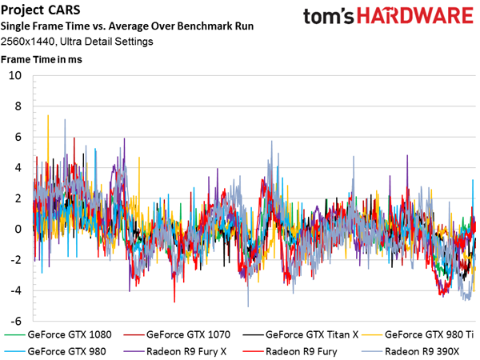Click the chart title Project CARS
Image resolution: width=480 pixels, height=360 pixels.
point(41,10)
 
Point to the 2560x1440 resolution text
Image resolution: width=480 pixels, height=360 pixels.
point(27,42)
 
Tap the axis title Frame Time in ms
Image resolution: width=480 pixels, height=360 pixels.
point(42,59)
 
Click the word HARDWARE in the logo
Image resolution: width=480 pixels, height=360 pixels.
point(415,16)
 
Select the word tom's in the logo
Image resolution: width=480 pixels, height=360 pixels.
point(328,16)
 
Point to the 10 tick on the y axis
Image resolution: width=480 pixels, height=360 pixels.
point(15,75)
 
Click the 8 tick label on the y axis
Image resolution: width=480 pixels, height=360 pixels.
point(18,106)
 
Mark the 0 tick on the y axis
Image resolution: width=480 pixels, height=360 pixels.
point(18,229)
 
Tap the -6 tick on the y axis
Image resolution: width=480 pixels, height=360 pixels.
point(16,321)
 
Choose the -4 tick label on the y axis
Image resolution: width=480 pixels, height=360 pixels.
point(16,290)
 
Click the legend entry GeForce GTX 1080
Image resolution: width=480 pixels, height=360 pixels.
point(58,334)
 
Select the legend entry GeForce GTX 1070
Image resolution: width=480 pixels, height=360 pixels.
point(177,334)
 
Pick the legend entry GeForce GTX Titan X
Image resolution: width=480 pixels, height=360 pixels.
point(300,334)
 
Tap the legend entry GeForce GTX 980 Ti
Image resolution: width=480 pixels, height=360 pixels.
point(418,334)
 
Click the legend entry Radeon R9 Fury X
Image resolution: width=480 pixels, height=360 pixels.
point(174,351)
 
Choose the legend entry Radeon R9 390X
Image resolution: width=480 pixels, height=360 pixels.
point(410,351)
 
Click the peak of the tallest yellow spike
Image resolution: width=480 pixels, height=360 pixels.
point(48,115)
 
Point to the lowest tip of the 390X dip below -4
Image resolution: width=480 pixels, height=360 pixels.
point(248,306)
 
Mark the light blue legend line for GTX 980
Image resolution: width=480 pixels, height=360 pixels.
point(14,352)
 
